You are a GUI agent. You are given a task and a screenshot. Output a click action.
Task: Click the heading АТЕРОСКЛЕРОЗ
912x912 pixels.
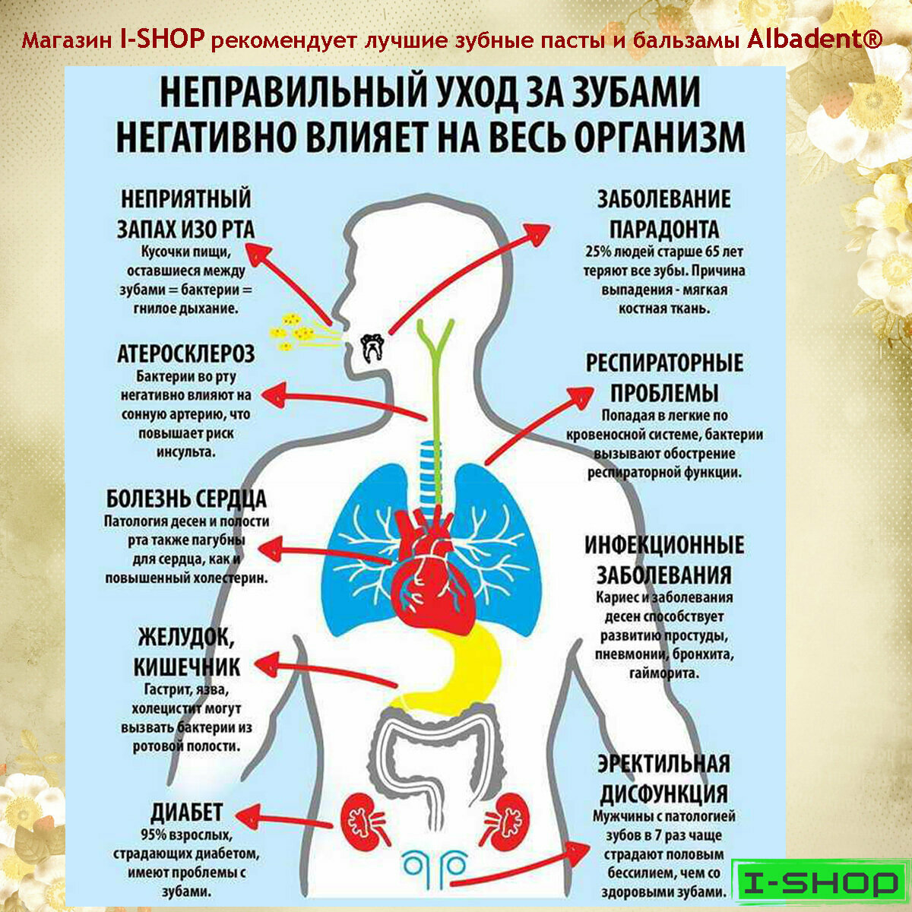(x=185, y=353)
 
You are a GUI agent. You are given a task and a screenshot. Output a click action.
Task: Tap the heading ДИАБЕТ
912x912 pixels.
(x=186, y=811)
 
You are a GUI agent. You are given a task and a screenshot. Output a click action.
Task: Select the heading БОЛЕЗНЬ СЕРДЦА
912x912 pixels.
(x=186, y=499)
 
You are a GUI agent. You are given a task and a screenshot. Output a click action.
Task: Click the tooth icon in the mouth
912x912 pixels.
(x=372, y=347)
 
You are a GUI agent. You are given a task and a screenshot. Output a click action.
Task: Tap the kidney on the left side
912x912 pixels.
(x=363, y=821)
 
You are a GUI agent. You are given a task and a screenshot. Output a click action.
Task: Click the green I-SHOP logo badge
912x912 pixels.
(x=819, y=883)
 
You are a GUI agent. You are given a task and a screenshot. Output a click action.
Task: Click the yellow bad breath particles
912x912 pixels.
(x=293, y=331)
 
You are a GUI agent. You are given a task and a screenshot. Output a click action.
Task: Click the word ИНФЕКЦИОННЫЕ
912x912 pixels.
(x=663, y=545)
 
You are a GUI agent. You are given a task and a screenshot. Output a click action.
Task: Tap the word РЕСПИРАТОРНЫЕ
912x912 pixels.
(x=663, y=363)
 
